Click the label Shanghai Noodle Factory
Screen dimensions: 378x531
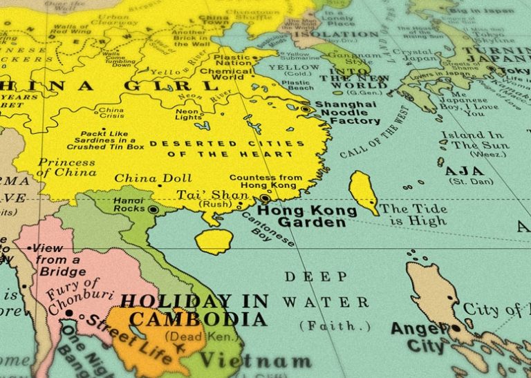(x=346, y=113)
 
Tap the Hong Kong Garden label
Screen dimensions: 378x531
(x=301, y=216)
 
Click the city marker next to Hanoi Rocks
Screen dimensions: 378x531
(x=153, y=209)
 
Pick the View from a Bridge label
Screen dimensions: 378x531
(x=62, y=260)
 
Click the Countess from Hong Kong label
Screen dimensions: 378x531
(x=265, y=182)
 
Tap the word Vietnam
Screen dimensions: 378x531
(x=254, y=361)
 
